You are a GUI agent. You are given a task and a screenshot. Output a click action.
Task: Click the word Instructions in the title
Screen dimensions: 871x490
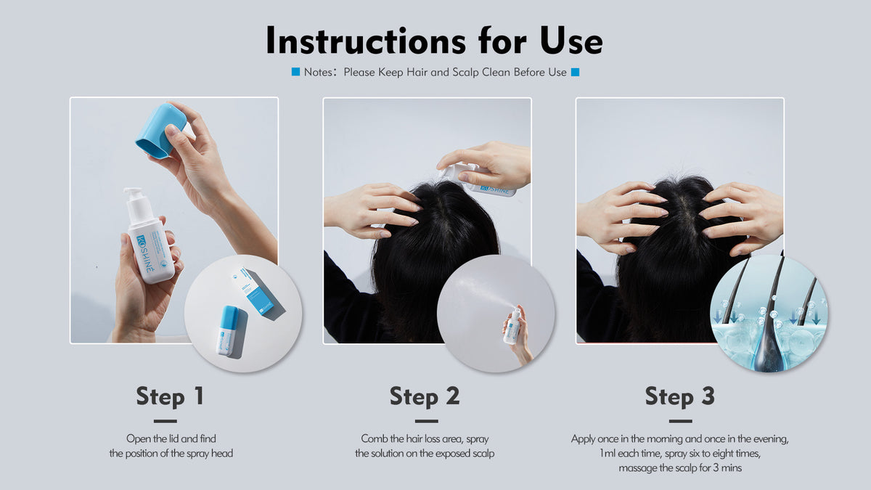pyautogui.click(x=366, y=40)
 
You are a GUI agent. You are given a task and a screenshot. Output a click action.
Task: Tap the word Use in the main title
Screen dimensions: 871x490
pyautogui.click(x=572, y=41)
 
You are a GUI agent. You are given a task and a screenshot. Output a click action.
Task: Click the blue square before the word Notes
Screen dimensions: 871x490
pyautogui.click(x=295, y=72)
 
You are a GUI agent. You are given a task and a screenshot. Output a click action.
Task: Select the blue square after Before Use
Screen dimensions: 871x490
pyautogui.click(x=575, y=72)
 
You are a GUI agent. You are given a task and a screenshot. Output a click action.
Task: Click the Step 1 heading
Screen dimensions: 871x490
pyautogui.click(x=170, y=396)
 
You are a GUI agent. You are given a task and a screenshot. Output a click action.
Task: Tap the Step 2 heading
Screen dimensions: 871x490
pyautogui.click(x=425, y=396)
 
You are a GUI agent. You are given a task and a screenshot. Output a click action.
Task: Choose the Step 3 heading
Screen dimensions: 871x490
pyautogui.click(x=679, y=396)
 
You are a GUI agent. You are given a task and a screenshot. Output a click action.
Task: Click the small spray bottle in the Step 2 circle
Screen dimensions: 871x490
pyautogui.click(x=512, y=326)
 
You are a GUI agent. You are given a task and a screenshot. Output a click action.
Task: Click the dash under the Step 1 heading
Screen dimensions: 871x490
pyautogui.click(x=165, y=421)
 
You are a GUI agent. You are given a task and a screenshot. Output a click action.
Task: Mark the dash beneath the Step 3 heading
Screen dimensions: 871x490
pyautogui.click(x=681, y=421)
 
